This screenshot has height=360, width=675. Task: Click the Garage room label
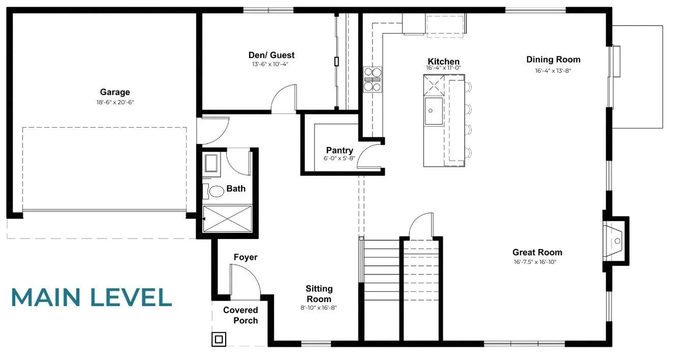coord(115,92)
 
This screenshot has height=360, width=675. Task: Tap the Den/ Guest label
coord(271,55)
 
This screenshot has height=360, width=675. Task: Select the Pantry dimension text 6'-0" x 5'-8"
coord(340,158)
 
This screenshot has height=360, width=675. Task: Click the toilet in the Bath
coord(213,191)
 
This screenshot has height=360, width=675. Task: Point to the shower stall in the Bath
coord(227,219)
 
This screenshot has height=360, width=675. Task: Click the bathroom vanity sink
coord(211,163)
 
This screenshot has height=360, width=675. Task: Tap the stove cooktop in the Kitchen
coord(373,80)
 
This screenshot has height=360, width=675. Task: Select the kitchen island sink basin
coord(434,111)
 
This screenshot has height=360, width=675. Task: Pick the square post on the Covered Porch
coord(219,339)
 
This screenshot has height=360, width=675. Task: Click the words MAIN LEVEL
coord(91,297)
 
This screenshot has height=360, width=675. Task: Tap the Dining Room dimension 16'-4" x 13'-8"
coord(553,71)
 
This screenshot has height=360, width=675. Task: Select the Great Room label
coord(537,252)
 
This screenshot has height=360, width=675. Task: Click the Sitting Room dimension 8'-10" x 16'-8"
coord(319,308)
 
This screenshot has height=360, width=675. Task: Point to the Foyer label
coord(246,257)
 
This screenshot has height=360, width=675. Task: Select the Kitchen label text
coord(444,62)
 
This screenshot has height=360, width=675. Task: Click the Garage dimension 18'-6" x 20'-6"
coord(115,102)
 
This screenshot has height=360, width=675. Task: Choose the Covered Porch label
coord(240,315)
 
